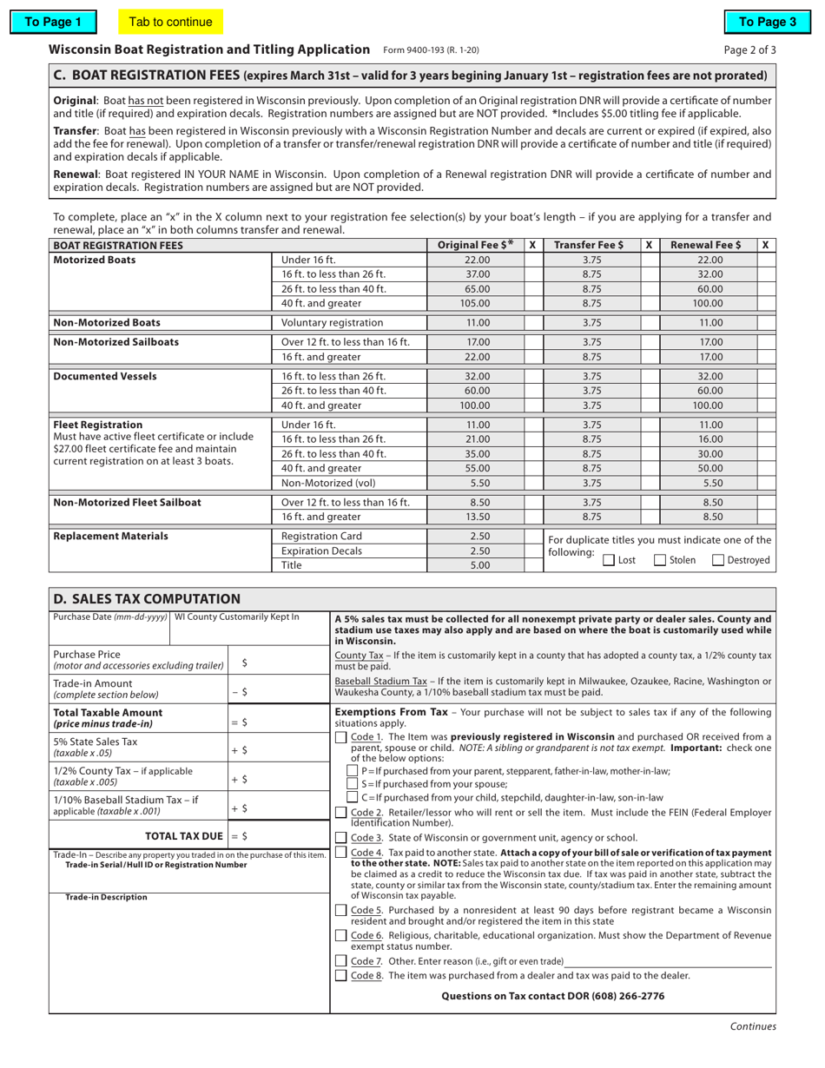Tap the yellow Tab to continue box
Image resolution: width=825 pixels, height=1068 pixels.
169,22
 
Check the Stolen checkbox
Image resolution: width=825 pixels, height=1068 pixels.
660,561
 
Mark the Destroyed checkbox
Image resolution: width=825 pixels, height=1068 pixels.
718,561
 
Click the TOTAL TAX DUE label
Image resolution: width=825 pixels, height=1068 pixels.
188,835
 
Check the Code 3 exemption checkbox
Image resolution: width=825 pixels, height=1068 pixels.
341,838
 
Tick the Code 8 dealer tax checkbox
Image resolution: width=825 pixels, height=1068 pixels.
341,976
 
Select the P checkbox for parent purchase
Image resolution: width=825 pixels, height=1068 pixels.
353,770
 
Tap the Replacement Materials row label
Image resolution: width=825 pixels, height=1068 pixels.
110,536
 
